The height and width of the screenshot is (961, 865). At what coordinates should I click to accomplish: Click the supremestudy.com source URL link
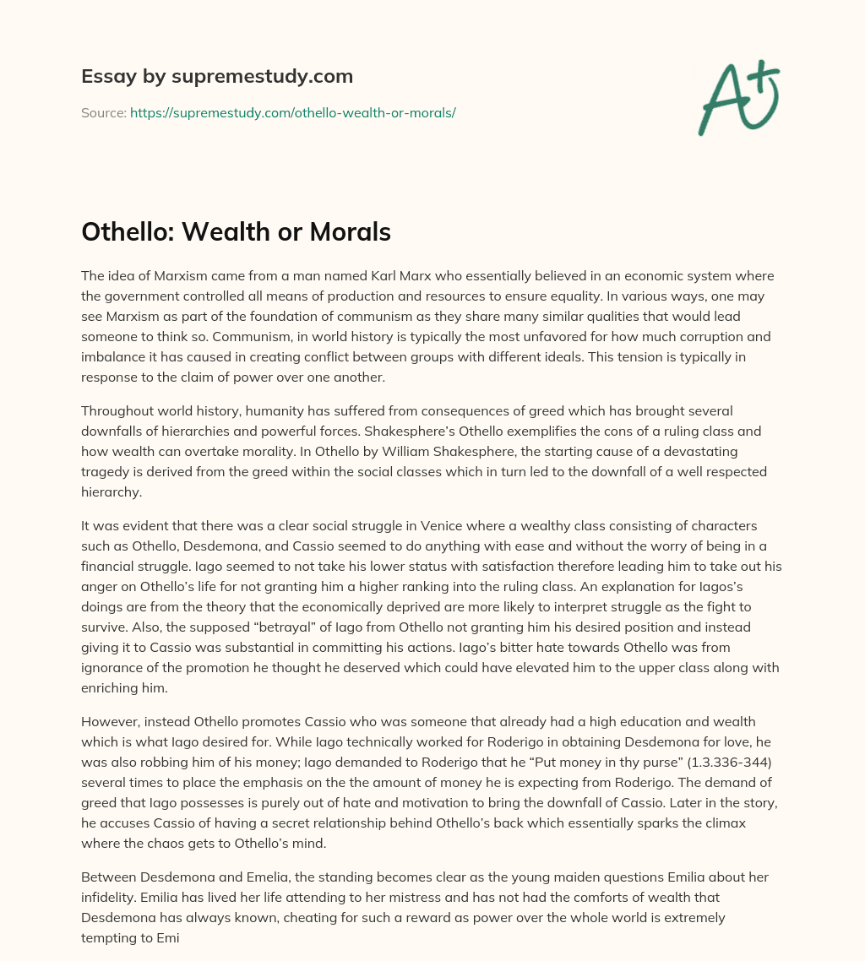coord(292,112)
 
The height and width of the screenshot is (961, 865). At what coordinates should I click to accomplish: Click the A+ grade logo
coord(737,97)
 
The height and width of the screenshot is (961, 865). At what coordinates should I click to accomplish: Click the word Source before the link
coord(103,112)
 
